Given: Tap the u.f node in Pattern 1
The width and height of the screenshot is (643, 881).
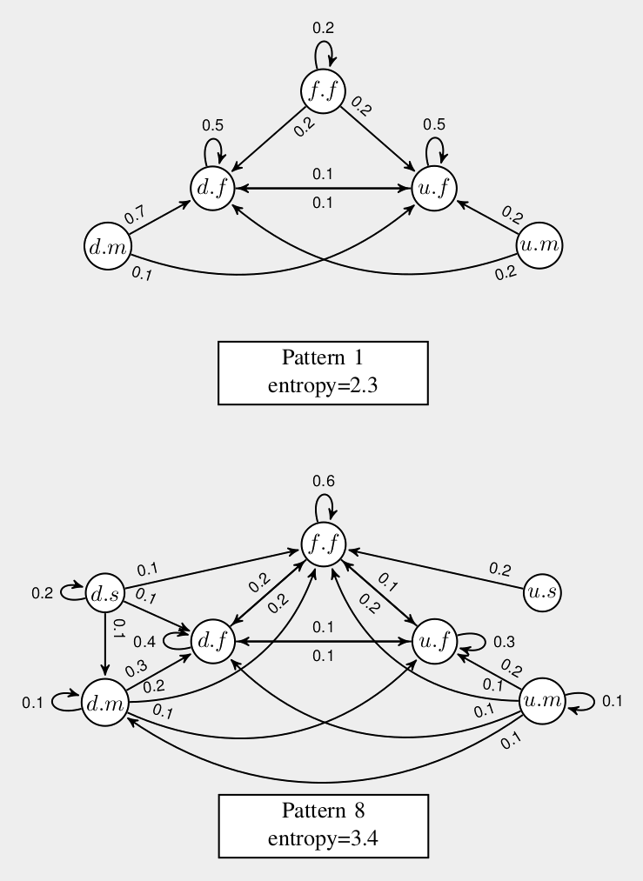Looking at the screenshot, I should [433, 188].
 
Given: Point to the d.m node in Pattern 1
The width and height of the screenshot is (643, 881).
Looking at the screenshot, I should [107, 247].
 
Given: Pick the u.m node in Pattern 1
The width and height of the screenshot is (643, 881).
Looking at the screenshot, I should [539, 246].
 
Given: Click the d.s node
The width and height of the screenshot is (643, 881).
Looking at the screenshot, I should [106, 594].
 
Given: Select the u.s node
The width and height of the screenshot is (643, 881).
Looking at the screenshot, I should [543, 593].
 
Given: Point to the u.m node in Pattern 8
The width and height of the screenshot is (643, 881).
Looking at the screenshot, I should [542, 699].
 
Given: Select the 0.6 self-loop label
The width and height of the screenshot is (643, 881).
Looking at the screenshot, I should [324, 481].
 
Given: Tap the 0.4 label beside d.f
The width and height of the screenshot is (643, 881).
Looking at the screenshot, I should [144, 643].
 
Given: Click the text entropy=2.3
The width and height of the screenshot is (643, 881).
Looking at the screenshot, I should [323, 385].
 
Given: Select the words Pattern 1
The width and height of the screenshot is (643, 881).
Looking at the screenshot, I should [323, 359].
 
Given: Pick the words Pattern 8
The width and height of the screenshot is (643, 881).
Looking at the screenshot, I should [323, 811].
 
